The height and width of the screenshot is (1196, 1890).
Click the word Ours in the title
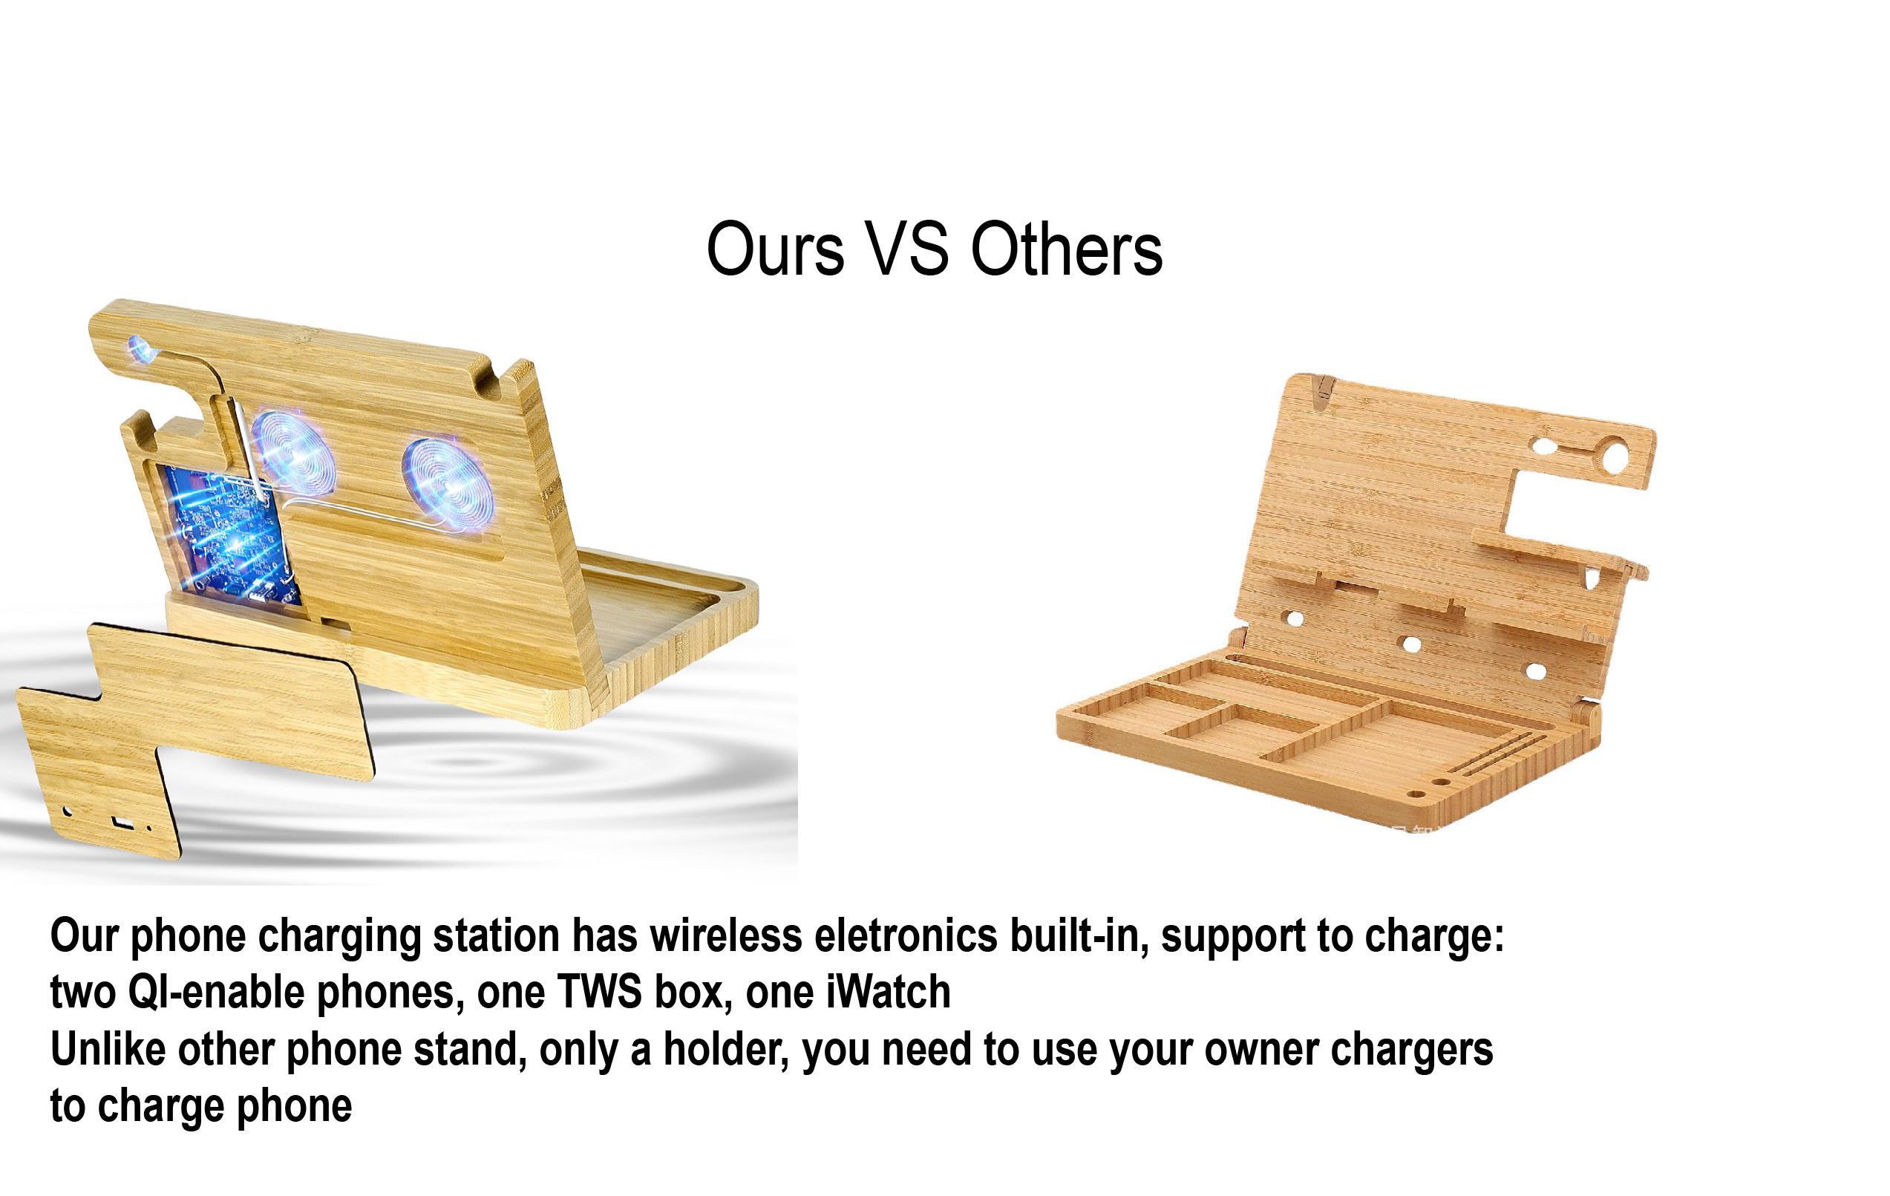[x=775, y=249]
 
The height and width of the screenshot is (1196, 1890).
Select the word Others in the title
[x=1067, y=249]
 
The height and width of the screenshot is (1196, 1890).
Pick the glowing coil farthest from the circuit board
[x=448, y=484]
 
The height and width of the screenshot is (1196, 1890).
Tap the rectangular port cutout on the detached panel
[x=123, y=823]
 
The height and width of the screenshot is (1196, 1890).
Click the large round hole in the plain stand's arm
[x=1615, y=456]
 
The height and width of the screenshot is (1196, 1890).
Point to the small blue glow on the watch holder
[x=142, y=348]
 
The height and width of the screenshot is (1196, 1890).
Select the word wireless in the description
[x=726, y=935]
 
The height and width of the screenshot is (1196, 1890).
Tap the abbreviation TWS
[x=600, y=992]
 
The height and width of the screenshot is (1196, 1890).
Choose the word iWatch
[x=888, y=992]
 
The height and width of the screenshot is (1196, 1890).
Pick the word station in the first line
[x=496, y=935]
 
